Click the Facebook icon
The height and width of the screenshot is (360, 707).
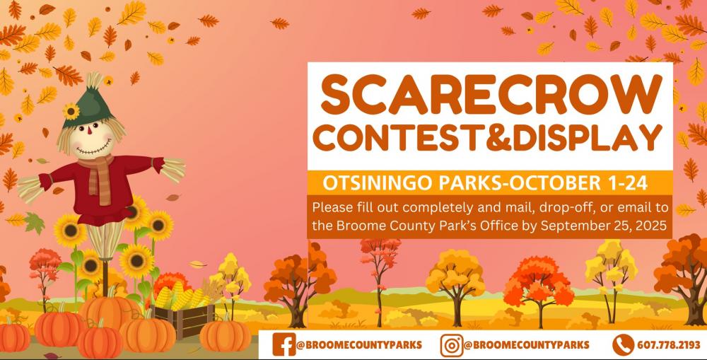(284, 344)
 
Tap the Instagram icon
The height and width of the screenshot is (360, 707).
(451, 345)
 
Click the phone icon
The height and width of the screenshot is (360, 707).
(623, 345)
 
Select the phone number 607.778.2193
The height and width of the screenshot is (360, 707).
(668, 345)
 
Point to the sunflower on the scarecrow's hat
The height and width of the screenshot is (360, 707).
(71, 110)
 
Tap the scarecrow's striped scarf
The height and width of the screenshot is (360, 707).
(99, 178)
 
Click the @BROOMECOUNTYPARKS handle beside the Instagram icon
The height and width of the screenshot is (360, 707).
(526, 345)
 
